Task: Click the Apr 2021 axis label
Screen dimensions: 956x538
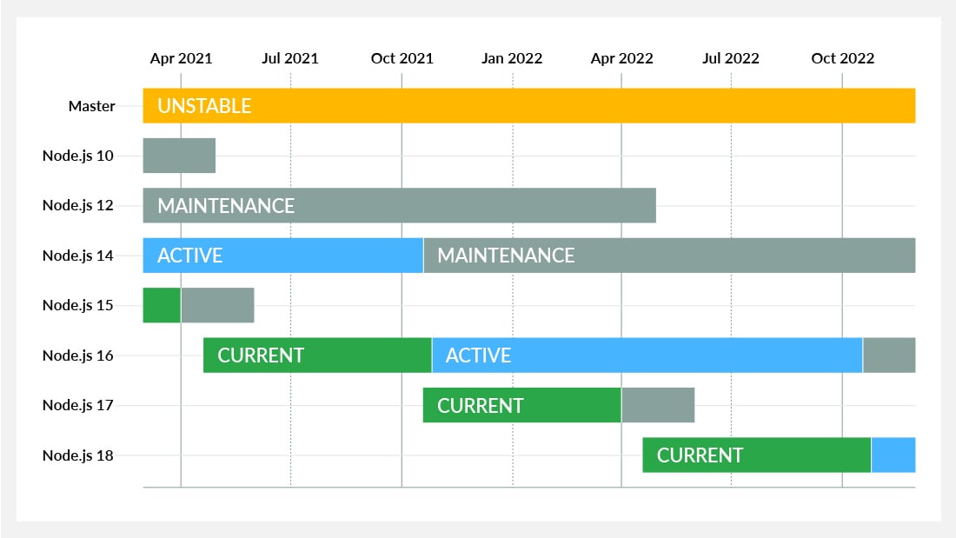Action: pyautogui.click(x=181, y=58)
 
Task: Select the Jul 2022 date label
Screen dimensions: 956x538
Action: pyautogui.click(x=730, y=58)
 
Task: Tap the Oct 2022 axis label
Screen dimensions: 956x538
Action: pyautogui.click(x=843, y=58)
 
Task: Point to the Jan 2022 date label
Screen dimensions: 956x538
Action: pyautogui.click(x=512, y=58)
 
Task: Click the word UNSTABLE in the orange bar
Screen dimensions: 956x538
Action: pyautogui.click(x=204, y=106)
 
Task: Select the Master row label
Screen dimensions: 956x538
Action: pyautogui.click(x=91, y=106)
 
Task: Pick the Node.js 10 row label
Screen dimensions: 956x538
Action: pyautogui.click(x=78, y=156)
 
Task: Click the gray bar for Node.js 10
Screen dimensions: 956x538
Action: pyautogui.click(x=179, y=156)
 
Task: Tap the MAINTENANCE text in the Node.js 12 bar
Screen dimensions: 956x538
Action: pyautogui.click(x=226, y=206)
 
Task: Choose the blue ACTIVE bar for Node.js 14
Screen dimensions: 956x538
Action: pyautogui.click(x=283, y=255)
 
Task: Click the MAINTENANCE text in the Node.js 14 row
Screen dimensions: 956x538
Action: pyautogui.click(x=506, y=255)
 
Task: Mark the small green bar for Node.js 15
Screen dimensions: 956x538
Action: pyautogui.click(x=162, y=305)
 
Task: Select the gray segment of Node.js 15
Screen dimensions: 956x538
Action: pyautogui.click(x=217, y=305)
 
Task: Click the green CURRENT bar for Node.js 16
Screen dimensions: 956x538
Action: pyautogui.click(x=317, y=355)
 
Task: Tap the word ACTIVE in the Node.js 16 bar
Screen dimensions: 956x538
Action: pyautogui.click(x=478, y=355)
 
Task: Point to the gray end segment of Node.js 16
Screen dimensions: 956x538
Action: pyautogui.click(x=889, y=355)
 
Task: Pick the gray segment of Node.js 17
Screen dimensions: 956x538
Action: pyautogui.click(x=658, y=405)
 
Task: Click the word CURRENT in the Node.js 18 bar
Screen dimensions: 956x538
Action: pyautogui.click(x=700, y=455)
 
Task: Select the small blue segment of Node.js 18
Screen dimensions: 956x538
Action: pyautogui.click(x=893, y=455)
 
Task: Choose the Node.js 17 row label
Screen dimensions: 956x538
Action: pyautogui.click(x=78, y=405)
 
